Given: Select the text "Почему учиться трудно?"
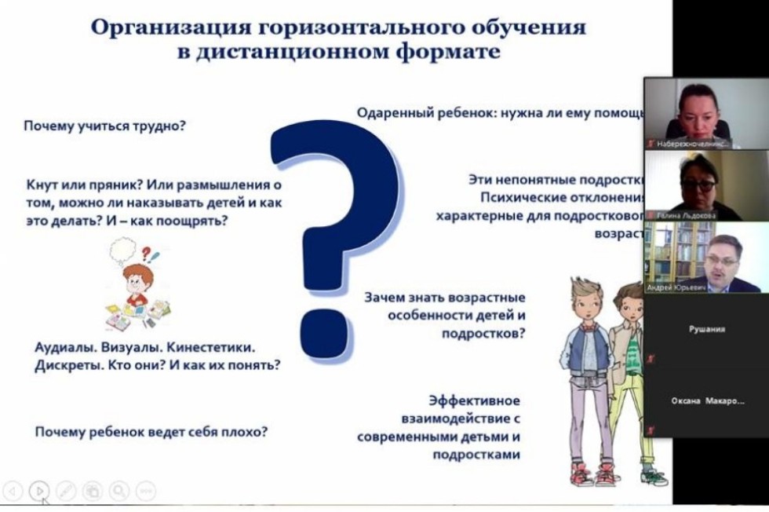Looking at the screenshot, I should tap(104, 125).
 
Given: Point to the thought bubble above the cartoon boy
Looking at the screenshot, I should tap(126, 251).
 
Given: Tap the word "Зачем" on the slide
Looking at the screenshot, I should tap(384, 298).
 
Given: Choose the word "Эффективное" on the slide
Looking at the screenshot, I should tap(475, 400).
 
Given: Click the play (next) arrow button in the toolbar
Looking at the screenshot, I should tap(38, 491).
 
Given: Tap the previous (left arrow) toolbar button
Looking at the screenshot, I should tap(12, 491).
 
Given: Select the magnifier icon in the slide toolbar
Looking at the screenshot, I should tap(118, 491).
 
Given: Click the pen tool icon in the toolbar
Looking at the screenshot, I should tap(65, 491).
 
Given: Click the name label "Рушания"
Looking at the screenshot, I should tap(706, 330).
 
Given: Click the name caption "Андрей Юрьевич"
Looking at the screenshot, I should tap(676, 287).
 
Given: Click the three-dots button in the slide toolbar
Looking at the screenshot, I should tap(145, 491).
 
